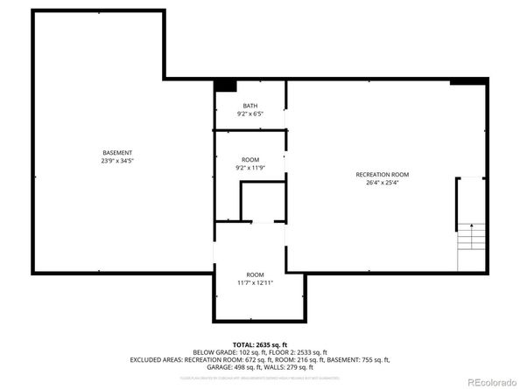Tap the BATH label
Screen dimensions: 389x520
250,106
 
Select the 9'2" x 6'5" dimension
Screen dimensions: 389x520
250,114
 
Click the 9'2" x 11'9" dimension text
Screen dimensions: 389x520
250,167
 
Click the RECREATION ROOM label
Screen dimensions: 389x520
382,175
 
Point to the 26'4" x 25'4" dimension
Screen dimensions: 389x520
382,183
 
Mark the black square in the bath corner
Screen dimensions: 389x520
226,86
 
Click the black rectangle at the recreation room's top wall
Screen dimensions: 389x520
466,83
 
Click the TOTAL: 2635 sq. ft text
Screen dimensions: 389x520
260,345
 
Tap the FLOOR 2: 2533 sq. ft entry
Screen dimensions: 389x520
293,352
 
